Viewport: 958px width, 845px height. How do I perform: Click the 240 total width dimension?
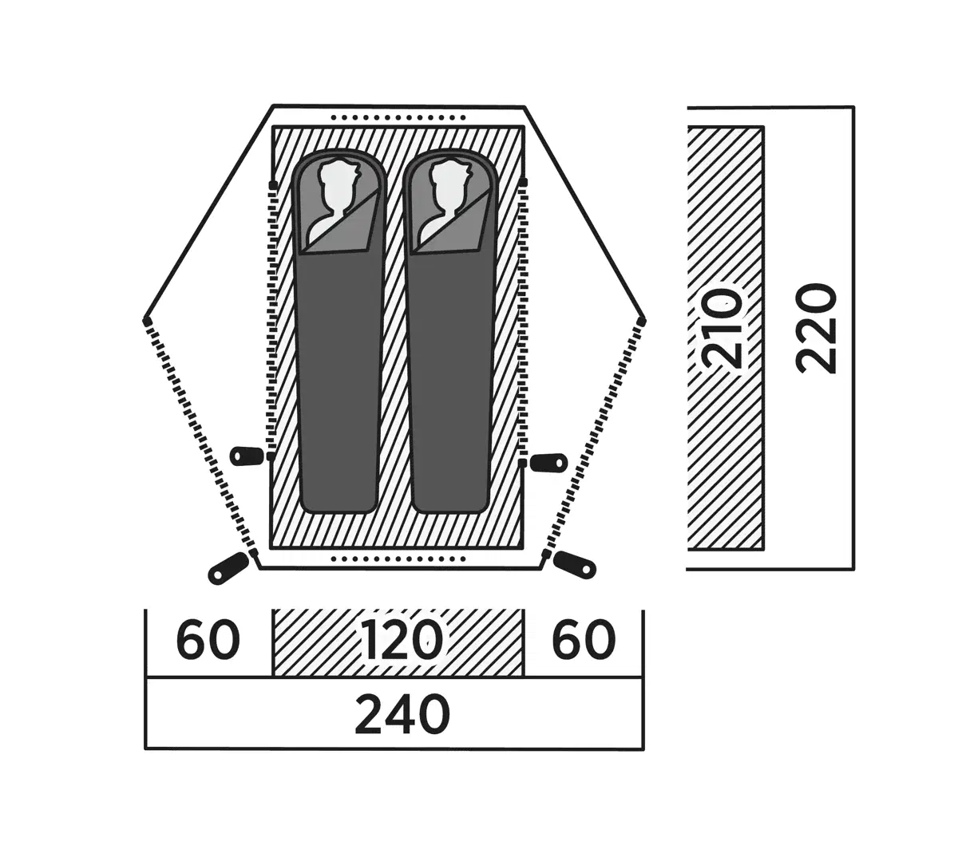click(402, 713)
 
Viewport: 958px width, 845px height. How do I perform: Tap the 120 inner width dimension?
click(400, 640)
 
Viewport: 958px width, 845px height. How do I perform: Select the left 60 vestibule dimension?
click(208, 640)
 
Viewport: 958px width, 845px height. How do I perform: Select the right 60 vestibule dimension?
click(584, 640)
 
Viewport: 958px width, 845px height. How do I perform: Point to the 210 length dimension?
click(723, 329)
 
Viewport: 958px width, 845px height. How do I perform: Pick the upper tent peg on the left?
click(246, 456)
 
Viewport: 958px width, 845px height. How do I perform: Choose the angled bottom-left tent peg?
click(227, 567)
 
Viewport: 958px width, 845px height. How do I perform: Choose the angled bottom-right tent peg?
click(575, 565)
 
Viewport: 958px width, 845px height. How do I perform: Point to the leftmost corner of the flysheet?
click(146, 321)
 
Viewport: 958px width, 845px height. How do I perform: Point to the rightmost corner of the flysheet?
click(643, 320)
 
